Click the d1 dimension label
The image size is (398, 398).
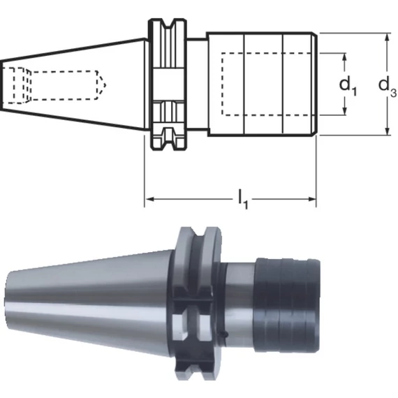(348, 86)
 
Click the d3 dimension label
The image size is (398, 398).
(388, 87)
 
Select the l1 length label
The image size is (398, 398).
(243, 200)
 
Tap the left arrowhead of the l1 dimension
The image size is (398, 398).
(149, 199)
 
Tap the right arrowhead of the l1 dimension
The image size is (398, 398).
(312, 199)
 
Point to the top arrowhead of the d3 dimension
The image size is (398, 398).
(387, 38)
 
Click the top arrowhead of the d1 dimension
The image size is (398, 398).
(344, 58)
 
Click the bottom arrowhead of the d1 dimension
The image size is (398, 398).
(344, 110)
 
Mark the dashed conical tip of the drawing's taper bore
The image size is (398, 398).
(101, 85)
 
